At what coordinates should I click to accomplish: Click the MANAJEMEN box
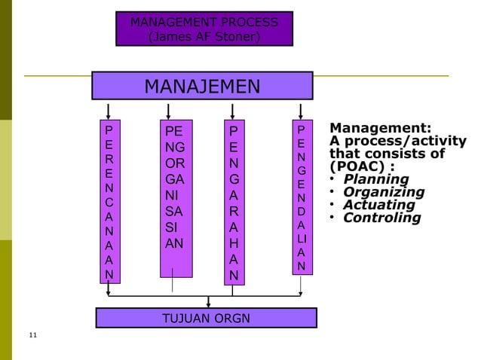202,86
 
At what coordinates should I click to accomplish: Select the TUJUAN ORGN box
206,318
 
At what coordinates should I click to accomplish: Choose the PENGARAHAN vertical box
235,202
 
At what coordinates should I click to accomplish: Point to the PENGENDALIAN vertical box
301,197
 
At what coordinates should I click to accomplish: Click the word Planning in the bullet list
375,179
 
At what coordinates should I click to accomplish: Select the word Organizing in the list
383,192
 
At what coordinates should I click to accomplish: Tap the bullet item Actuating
378,205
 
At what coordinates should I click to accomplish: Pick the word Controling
381,218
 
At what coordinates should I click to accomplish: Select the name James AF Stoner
204,35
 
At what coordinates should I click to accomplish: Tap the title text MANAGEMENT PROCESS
204,22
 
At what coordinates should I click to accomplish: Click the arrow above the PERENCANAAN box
110,109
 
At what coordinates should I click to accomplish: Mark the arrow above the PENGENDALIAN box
301,109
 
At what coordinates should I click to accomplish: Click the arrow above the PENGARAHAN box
235,109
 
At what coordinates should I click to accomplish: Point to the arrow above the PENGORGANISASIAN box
167,109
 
